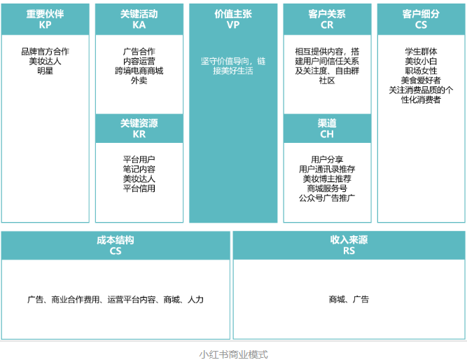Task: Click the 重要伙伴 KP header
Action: (46, 19)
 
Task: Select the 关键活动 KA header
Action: (139, 19)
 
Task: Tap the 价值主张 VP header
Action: (232, 19)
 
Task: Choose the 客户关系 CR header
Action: (326, 19)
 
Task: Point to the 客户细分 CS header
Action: (420, 19)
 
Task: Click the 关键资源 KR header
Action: (139, 128)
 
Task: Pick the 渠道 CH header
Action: (326, 128)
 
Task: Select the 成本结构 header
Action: (116, 245)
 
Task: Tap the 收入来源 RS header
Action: (349, 245)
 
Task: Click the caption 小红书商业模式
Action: (233, 354)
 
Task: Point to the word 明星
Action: (46, 71)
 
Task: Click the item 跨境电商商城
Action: (139, 71)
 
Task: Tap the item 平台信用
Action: (139, 188)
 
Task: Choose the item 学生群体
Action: (421, 51)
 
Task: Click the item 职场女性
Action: (421, 71)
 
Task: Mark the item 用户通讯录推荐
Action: (326, 169)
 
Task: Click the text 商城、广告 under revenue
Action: (349, 300)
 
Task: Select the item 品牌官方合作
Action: (46, 51)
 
